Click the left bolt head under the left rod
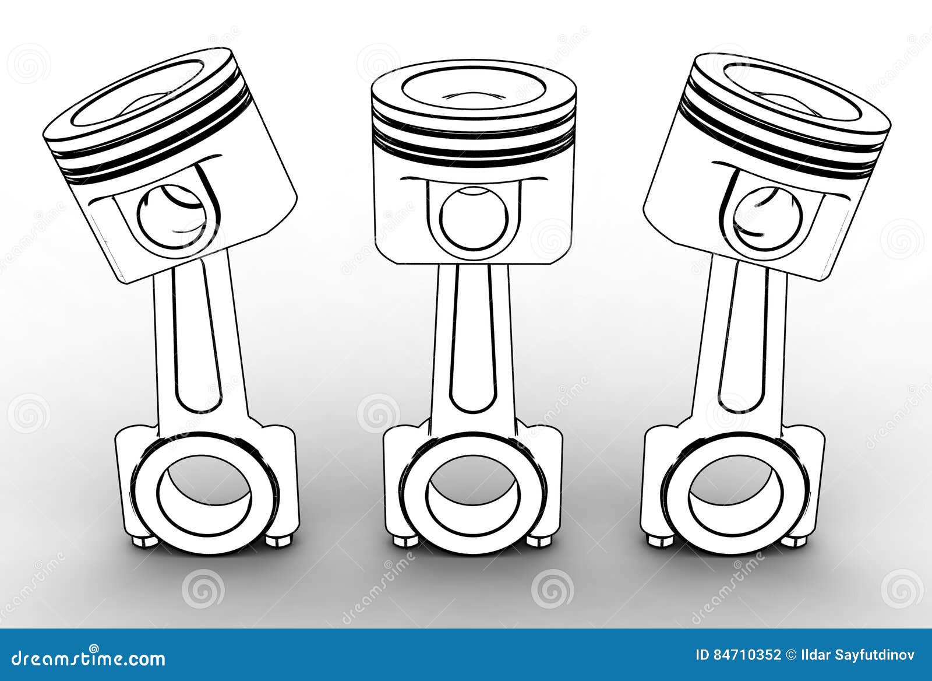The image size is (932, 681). coord(143,541)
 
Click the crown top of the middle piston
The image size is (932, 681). coord(474,87)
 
